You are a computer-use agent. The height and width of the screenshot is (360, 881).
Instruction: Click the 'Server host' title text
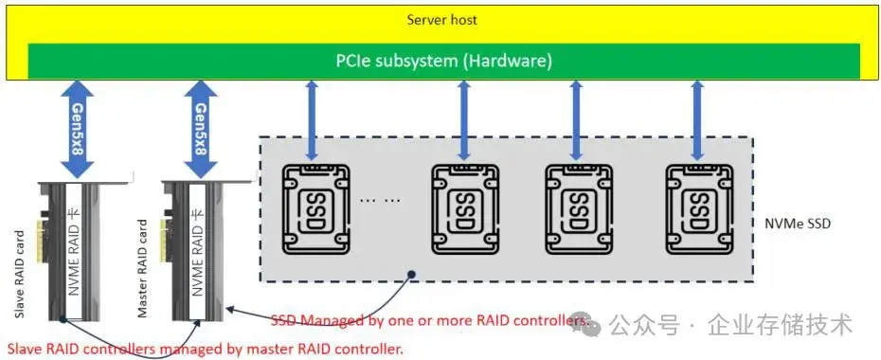click(x=442, y=20)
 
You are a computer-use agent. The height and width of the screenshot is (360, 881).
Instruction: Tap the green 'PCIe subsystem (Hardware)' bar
click(x=443, y=61)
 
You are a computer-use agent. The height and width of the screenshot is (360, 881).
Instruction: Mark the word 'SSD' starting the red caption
click(x=285, y=320)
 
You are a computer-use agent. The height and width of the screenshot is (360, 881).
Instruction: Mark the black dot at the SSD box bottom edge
click(x=411, y=276)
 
